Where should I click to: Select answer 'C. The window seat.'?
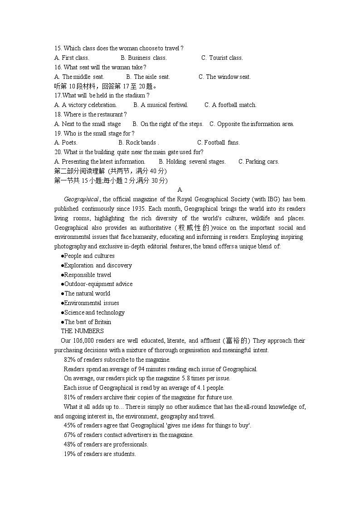pos(224,77)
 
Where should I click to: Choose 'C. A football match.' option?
pos(230,105)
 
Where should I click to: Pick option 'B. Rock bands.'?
pos(139,142)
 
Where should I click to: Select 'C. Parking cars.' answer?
pos(259,161)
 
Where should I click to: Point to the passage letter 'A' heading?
pos(180,190)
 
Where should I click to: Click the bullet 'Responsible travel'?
pos(87,275)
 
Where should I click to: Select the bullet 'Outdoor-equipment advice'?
pos(98,284)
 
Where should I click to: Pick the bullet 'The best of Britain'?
pos(87,322)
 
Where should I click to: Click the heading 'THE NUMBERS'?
pos(82,331)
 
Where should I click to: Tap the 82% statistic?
pos(69,359)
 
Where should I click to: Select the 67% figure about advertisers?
pos(69,435)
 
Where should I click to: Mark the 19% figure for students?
pos(69,454)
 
